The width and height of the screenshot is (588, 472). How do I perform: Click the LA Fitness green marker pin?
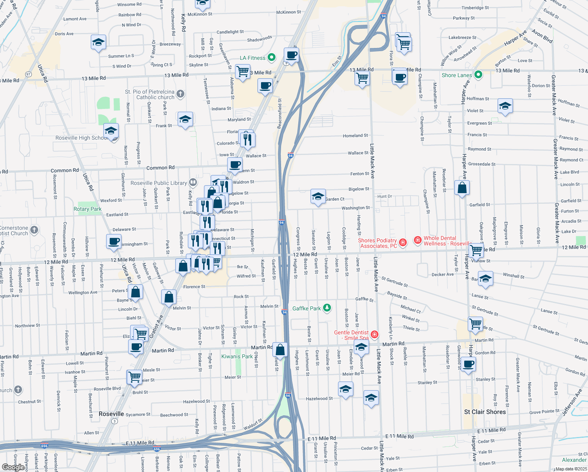(271, 58)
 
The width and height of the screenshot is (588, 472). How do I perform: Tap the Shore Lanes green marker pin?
(478, 75)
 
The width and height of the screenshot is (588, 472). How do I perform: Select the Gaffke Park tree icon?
(327, 308)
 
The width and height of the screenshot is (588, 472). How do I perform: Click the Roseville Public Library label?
(158, 183)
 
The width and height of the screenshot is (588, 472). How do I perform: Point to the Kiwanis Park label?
(237, 356)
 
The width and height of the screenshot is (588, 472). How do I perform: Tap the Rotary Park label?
(87, 209)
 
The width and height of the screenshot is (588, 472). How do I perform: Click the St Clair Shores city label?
(485, 412)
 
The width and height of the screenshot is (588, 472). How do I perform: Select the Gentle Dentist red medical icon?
(374, 335)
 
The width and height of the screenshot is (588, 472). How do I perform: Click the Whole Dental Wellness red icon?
(417, 240)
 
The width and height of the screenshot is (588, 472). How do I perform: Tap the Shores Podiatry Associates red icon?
(402, 242)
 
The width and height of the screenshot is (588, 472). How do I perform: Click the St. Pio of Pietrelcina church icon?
(180, 94)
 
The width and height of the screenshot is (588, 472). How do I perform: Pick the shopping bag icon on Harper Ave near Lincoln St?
(462, 188)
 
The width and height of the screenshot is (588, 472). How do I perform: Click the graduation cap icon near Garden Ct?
(318, 196)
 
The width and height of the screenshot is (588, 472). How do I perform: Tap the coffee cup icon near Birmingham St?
(114, 241)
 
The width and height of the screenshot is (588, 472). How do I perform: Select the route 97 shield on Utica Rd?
(28, 74)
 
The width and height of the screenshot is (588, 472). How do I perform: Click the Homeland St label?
(355, 136)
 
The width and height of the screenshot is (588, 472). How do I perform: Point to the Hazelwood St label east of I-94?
(319, 398)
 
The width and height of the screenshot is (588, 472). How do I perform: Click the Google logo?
(13, 467)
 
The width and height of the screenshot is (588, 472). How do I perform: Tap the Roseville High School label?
(81, 138)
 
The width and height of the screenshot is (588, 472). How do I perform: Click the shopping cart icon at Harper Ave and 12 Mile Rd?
(476, 249)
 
